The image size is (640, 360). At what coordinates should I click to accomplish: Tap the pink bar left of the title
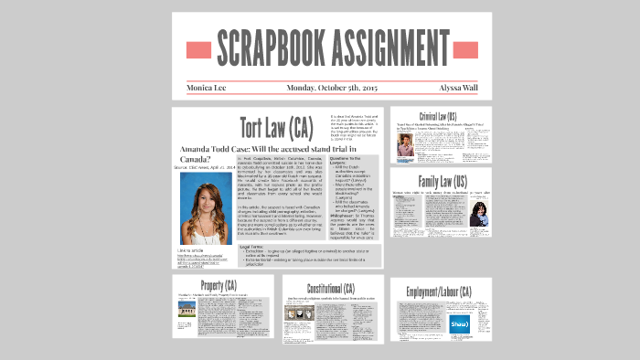tap(198, 49)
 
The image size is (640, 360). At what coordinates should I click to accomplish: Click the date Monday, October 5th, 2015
tap(332, 88)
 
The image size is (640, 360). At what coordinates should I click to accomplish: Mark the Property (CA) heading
tap(223, 285)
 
